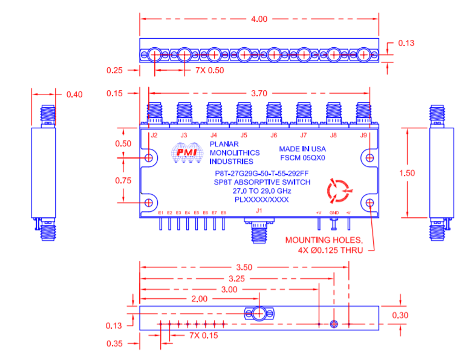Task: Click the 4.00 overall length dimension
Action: click(258, 19)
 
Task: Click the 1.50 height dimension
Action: click(408, 172)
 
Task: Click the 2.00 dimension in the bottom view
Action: click(199, 298)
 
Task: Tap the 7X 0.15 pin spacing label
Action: click(200, 335)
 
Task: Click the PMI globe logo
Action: click(186, 153)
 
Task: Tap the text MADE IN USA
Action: click(302, 149)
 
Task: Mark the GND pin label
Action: click(334, 213)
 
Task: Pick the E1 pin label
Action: click(161, 213)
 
